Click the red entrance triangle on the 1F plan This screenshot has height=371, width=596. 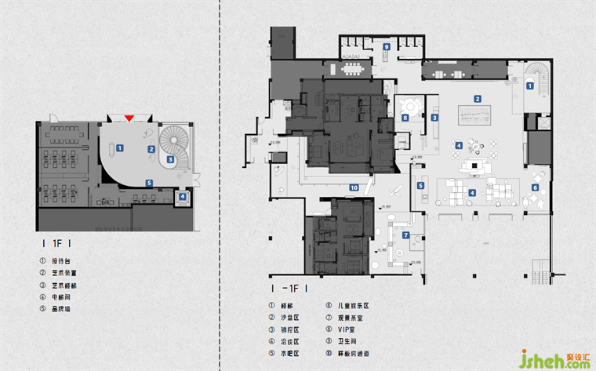[x=129, y=118]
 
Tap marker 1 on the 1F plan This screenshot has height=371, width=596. [x=119, y=147]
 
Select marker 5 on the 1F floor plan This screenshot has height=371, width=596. [x=149, y=183]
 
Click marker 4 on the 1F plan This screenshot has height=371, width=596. [x=182, y=197]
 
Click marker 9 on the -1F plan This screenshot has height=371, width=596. [x=386, y=48]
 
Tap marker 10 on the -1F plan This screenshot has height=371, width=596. [x=354, y=187]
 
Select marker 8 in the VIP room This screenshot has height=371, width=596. [x=405, y=118]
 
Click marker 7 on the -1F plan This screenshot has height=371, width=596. [x=405, y=235]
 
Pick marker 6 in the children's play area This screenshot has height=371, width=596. [x=536, y=187]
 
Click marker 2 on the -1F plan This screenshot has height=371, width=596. [x=477, y=98]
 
